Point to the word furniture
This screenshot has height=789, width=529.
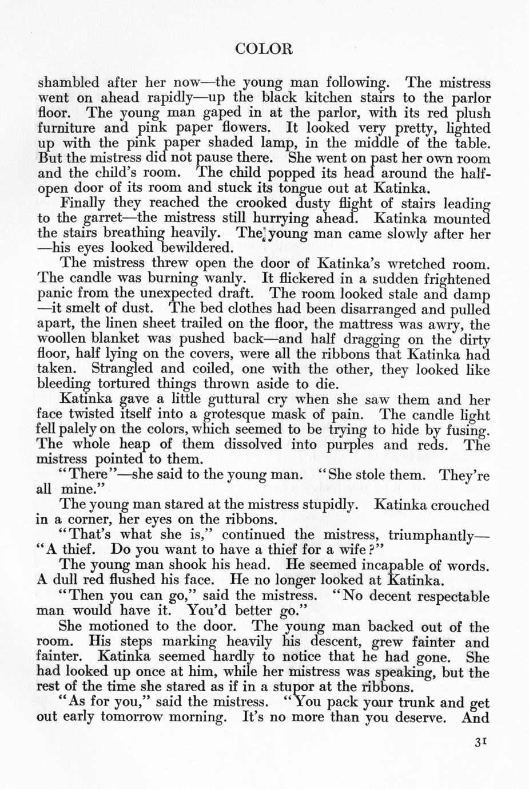64,128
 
